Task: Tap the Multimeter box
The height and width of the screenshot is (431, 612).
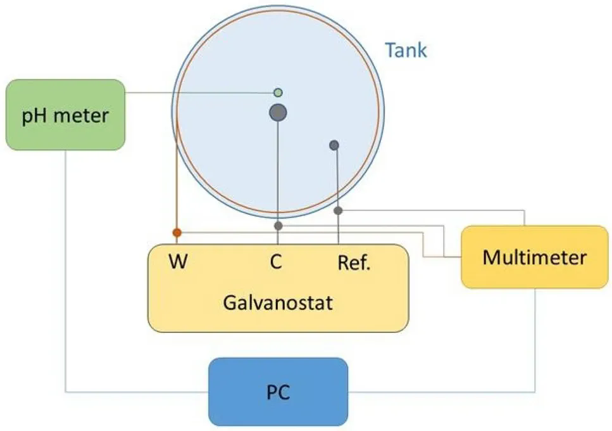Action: tap(534, 257)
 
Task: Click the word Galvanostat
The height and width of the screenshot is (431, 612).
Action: tap(278, 302)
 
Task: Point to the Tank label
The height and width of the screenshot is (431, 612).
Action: tap(406, 50)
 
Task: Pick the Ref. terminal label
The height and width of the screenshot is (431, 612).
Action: tap(354, 262)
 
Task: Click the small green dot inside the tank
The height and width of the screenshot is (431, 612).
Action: tap(277, 93)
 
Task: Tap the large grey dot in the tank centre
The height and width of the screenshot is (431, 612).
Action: tap(278, 113)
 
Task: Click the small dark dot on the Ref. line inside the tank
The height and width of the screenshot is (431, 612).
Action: tap(334, 145)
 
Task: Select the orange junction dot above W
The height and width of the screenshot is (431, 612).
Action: tap(177, 233)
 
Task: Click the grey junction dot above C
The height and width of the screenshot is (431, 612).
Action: tap(278, 226)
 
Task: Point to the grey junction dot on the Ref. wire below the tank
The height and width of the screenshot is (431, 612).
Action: tap(339, 210)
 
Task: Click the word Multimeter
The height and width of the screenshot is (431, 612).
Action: tap(534, 257)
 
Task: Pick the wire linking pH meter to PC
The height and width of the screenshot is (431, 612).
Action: tap(65, 285)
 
